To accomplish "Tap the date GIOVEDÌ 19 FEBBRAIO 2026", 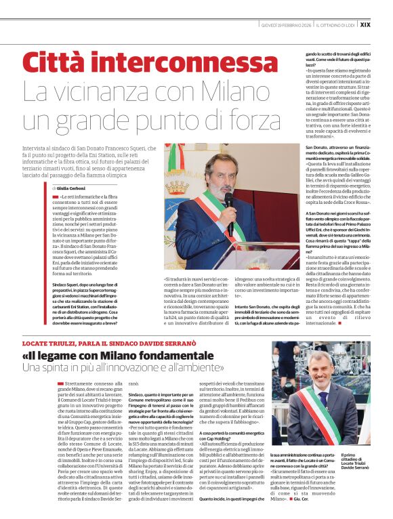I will pyautogui.click(x=287, y=24).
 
